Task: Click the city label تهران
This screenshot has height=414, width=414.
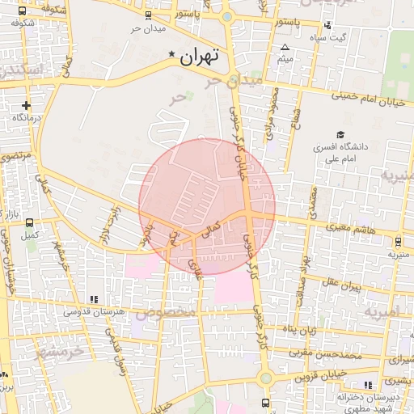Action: click(201, 57)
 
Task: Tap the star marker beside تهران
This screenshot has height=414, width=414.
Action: click(171, 54)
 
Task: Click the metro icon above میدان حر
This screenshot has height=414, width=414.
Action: click(147, 16)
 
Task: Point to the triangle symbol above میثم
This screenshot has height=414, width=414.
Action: click(285, 48)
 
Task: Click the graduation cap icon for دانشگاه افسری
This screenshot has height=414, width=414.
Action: click(340, 135)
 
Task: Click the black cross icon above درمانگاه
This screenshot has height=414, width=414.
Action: click(27, 105)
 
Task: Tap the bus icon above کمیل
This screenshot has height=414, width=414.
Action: click(30, 223)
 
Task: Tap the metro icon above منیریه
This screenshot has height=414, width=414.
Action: click(399, 242)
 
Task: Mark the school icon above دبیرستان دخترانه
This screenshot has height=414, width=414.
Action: click(370, 385)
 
